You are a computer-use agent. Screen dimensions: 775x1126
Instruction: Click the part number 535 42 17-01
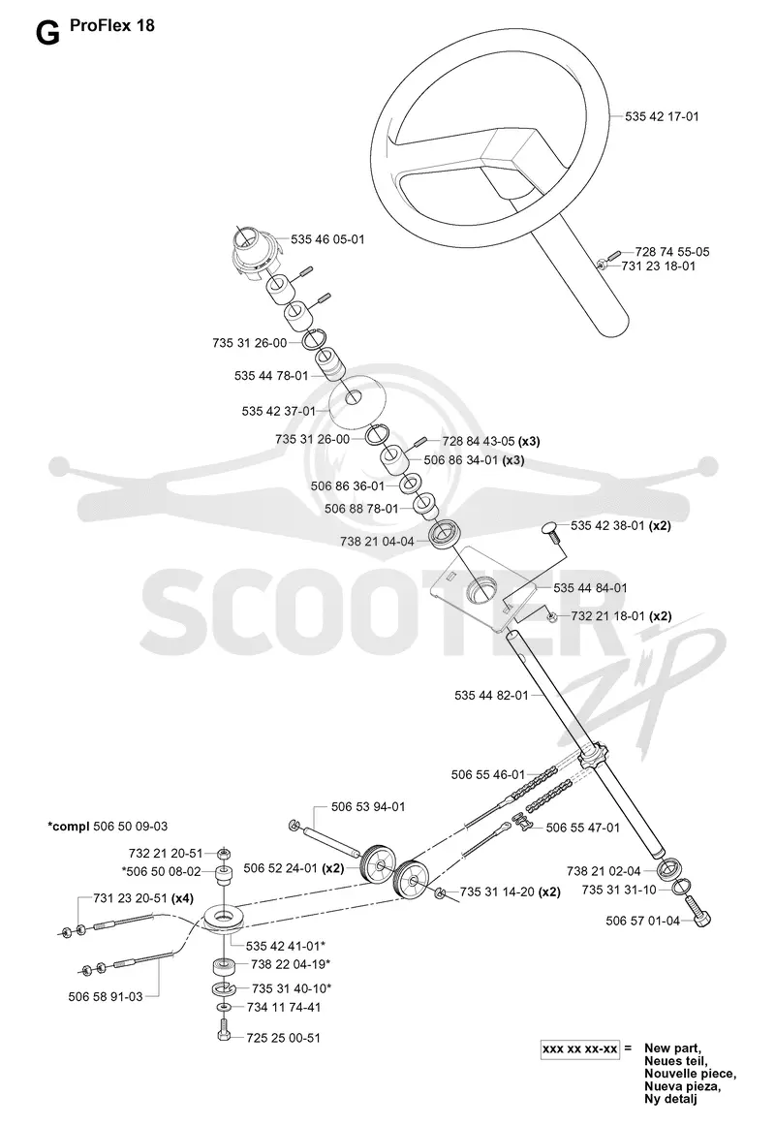662,116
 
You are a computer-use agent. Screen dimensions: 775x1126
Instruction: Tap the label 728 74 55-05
672,252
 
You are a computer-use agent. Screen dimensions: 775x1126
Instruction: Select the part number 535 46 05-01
328,239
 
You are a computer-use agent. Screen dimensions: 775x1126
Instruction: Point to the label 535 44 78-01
271,376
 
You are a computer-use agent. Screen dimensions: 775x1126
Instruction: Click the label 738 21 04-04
378,542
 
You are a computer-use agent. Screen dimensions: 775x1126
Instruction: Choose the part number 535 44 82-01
491,695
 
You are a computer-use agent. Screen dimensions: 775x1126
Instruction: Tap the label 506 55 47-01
582,828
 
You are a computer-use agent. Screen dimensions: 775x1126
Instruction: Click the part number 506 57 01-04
643,921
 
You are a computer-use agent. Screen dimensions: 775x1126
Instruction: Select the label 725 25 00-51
284,1038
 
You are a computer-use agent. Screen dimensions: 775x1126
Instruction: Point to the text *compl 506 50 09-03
108,827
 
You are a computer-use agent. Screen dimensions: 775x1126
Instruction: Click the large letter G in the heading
47,33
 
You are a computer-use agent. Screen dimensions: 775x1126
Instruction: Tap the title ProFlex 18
112,26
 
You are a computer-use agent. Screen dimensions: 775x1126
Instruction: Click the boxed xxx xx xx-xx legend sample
580,1049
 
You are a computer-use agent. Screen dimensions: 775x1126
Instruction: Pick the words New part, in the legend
671,1048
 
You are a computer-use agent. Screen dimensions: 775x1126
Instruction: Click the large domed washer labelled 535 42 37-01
356,398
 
